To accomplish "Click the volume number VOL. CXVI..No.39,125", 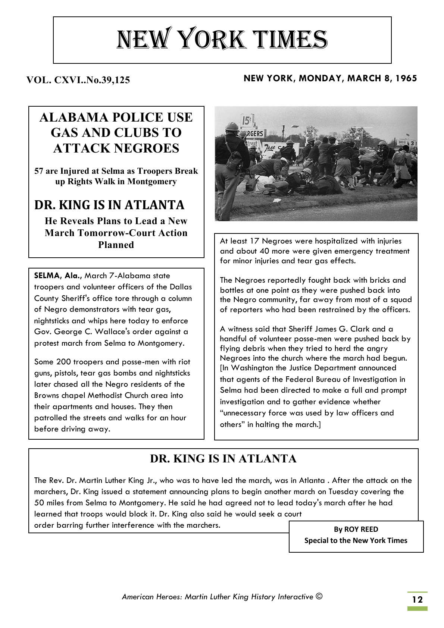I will point(78,80).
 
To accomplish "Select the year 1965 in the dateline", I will point(407,78).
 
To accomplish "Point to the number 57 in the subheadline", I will point(39,171).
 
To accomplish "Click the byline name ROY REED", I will point(361,529).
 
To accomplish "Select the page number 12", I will point(418,599).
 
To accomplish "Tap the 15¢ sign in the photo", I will point(246,120).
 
